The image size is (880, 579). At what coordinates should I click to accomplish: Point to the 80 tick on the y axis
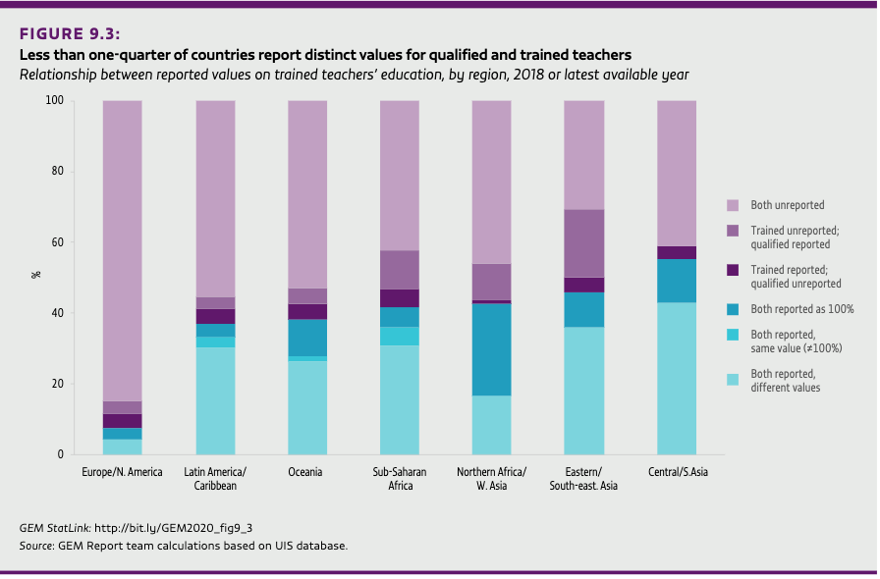click(x=57, y=172)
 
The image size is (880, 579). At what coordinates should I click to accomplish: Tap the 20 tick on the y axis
click(x=57, y=384)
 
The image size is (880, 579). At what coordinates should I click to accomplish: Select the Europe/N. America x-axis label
click(x=122, y=472)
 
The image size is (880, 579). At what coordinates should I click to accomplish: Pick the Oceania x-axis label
click(x=306, y=472)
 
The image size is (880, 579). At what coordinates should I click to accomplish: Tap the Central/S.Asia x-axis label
click(x=677, y=472)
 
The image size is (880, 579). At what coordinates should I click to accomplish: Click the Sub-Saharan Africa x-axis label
click(x=399, y=478)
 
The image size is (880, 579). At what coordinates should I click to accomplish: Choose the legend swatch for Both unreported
click(x=732, y=206)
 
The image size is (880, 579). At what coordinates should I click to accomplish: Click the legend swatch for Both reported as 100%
click(x=732, y=309)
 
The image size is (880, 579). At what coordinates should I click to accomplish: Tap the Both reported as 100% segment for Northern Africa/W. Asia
click(x=491, y=349)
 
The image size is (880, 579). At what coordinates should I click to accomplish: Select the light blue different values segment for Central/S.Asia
click(x=677, y=379)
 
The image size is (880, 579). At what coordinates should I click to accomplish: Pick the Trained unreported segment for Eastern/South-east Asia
click(x=583, y=243)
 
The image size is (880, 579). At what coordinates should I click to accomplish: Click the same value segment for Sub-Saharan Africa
click(x=399, y=336)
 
